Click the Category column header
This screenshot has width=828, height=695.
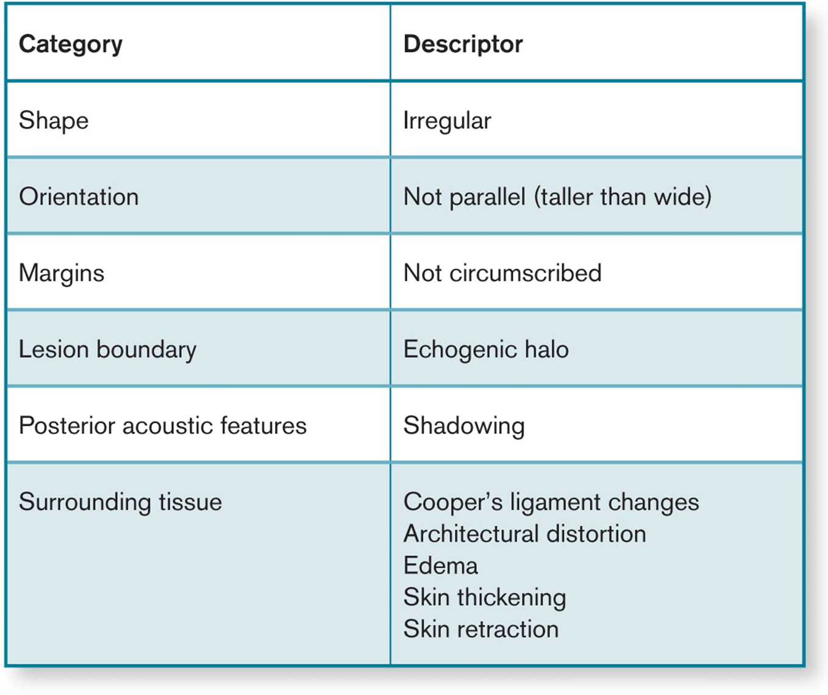(71, 45)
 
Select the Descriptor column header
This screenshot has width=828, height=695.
(463, 44)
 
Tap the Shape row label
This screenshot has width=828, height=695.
(54, 121)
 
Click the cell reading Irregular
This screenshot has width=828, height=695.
(447, 121)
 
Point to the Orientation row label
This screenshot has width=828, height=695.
(79, 196)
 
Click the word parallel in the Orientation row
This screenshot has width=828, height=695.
(488, 197)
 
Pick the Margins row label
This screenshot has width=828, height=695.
(62, 273)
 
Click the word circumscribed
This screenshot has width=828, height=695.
(526, 273)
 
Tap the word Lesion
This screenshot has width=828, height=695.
(54, 349)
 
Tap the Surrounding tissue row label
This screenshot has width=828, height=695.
(120, 503)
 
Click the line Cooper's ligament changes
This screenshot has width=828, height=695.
(551, 503)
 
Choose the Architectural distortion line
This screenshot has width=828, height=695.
(524, 533)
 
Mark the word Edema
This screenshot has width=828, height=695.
(441, 565)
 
